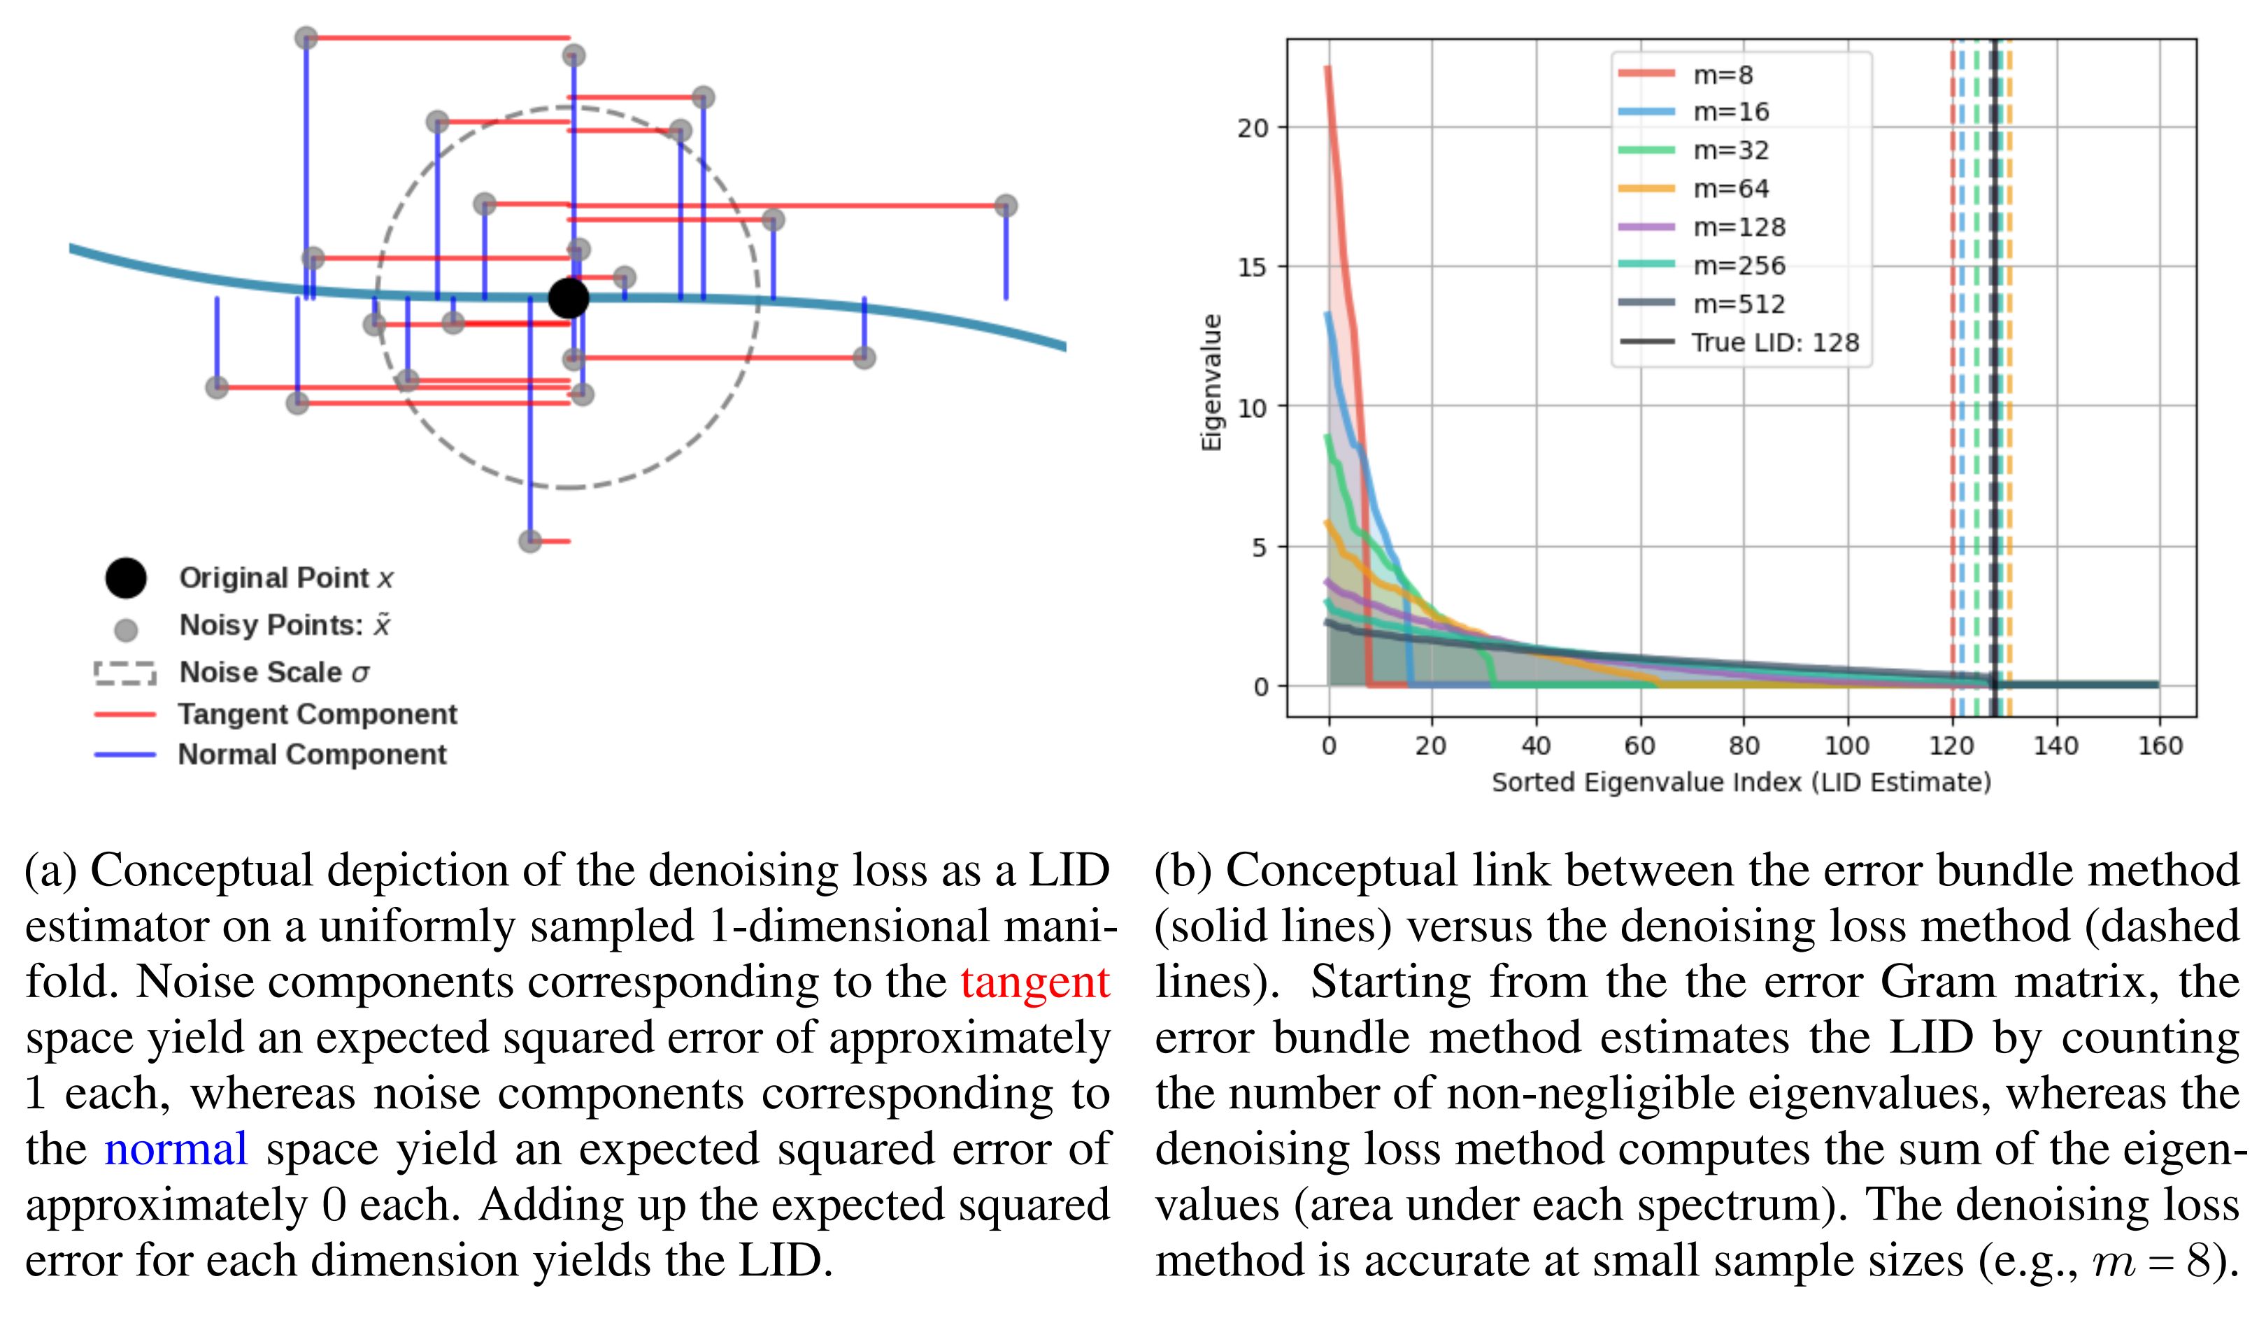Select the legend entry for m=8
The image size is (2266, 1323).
(x=1722, y=75)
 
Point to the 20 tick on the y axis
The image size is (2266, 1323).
(x=1253, y=129)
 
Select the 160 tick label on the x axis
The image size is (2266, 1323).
(x=2160, y=746)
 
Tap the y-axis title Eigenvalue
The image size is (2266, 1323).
(x=1212, y=382)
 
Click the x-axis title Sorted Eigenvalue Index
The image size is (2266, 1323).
(x=1741, y=782)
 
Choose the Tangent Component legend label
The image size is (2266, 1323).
(x=318, y=715)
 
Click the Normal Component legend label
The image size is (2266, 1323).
(x=312, y=754)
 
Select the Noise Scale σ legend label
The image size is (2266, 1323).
(x=274, y=672)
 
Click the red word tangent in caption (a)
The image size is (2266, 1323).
(x=1034, y=982)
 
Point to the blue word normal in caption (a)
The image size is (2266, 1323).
(x=176, y=1150)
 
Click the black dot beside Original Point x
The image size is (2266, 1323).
(x=126, y=578)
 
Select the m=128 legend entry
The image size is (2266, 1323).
(x=1738, y=227)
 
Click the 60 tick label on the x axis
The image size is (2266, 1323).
(x=1639, y=746)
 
